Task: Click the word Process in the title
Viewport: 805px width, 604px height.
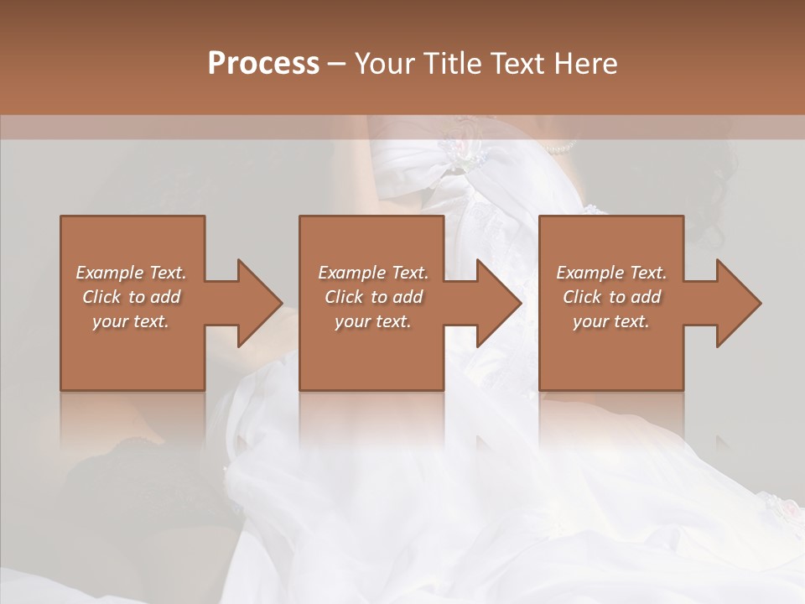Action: (x=263, y=64)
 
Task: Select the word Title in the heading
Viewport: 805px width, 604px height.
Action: (x=450, y=64)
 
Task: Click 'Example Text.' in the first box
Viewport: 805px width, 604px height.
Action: (x=131, y=273)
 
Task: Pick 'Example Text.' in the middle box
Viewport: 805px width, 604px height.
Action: (x=373, y=273)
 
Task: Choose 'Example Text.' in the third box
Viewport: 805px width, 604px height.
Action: (x=611, y=273)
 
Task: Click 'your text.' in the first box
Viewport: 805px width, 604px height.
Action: (x=131, y=321)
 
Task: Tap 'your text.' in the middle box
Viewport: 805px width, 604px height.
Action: (x=373, y=321)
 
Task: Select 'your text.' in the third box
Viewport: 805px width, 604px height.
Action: (x=611, y=321)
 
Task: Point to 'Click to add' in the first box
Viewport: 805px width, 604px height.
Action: (x=131, y=297)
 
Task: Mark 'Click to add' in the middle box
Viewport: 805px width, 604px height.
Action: (x=373, y=297)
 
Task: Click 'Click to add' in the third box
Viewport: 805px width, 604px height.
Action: (x=611, y=297)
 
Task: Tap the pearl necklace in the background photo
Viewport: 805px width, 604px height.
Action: (x=559, y=148)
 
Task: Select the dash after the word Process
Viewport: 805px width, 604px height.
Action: (x=337, y=65)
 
